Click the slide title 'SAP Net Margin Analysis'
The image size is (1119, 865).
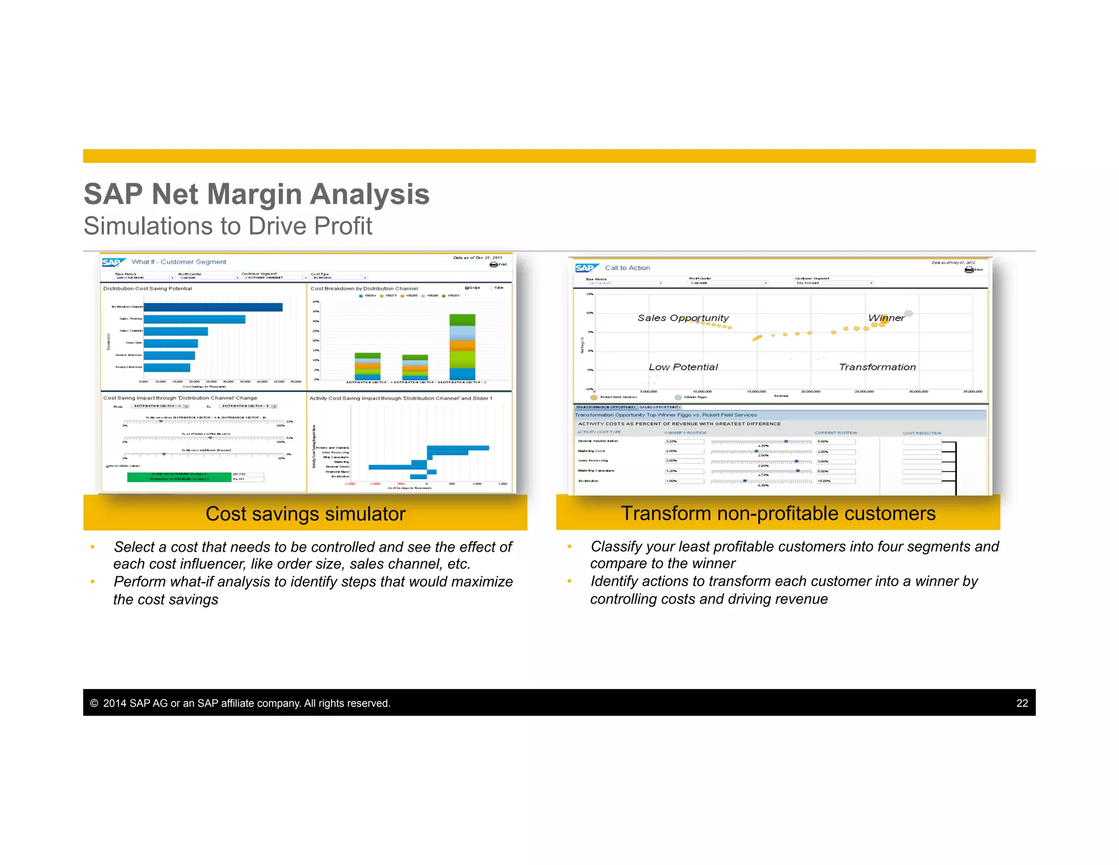256,194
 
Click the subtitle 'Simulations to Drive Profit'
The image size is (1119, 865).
228,226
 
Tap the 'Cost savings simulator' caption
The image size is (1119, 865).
305,514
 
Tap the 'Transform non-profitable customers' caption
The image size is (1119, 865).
778,513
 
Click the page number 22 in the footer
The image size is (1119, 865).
1022,703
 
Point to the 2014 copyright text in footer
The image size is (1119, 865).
240,703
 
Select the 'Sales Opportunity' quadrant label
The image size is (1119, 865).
682,318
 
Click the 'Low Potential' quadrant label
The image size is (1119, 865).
683,367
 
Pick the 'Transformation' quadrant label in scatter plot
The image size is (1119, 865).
877,367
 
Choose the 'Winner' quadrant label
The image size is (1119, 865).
886,318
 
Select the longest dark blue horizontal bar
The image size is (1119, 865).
213,307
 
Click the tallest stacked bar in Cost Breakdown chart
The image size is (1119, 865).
462,347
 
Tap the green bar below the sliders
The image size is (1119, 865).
179,477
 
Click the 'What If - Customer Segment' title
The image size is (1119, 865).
179,262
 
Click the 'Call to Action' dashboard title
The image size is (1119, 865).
627,268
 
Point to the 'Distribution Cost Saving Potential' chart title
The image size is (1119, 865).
148,289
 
